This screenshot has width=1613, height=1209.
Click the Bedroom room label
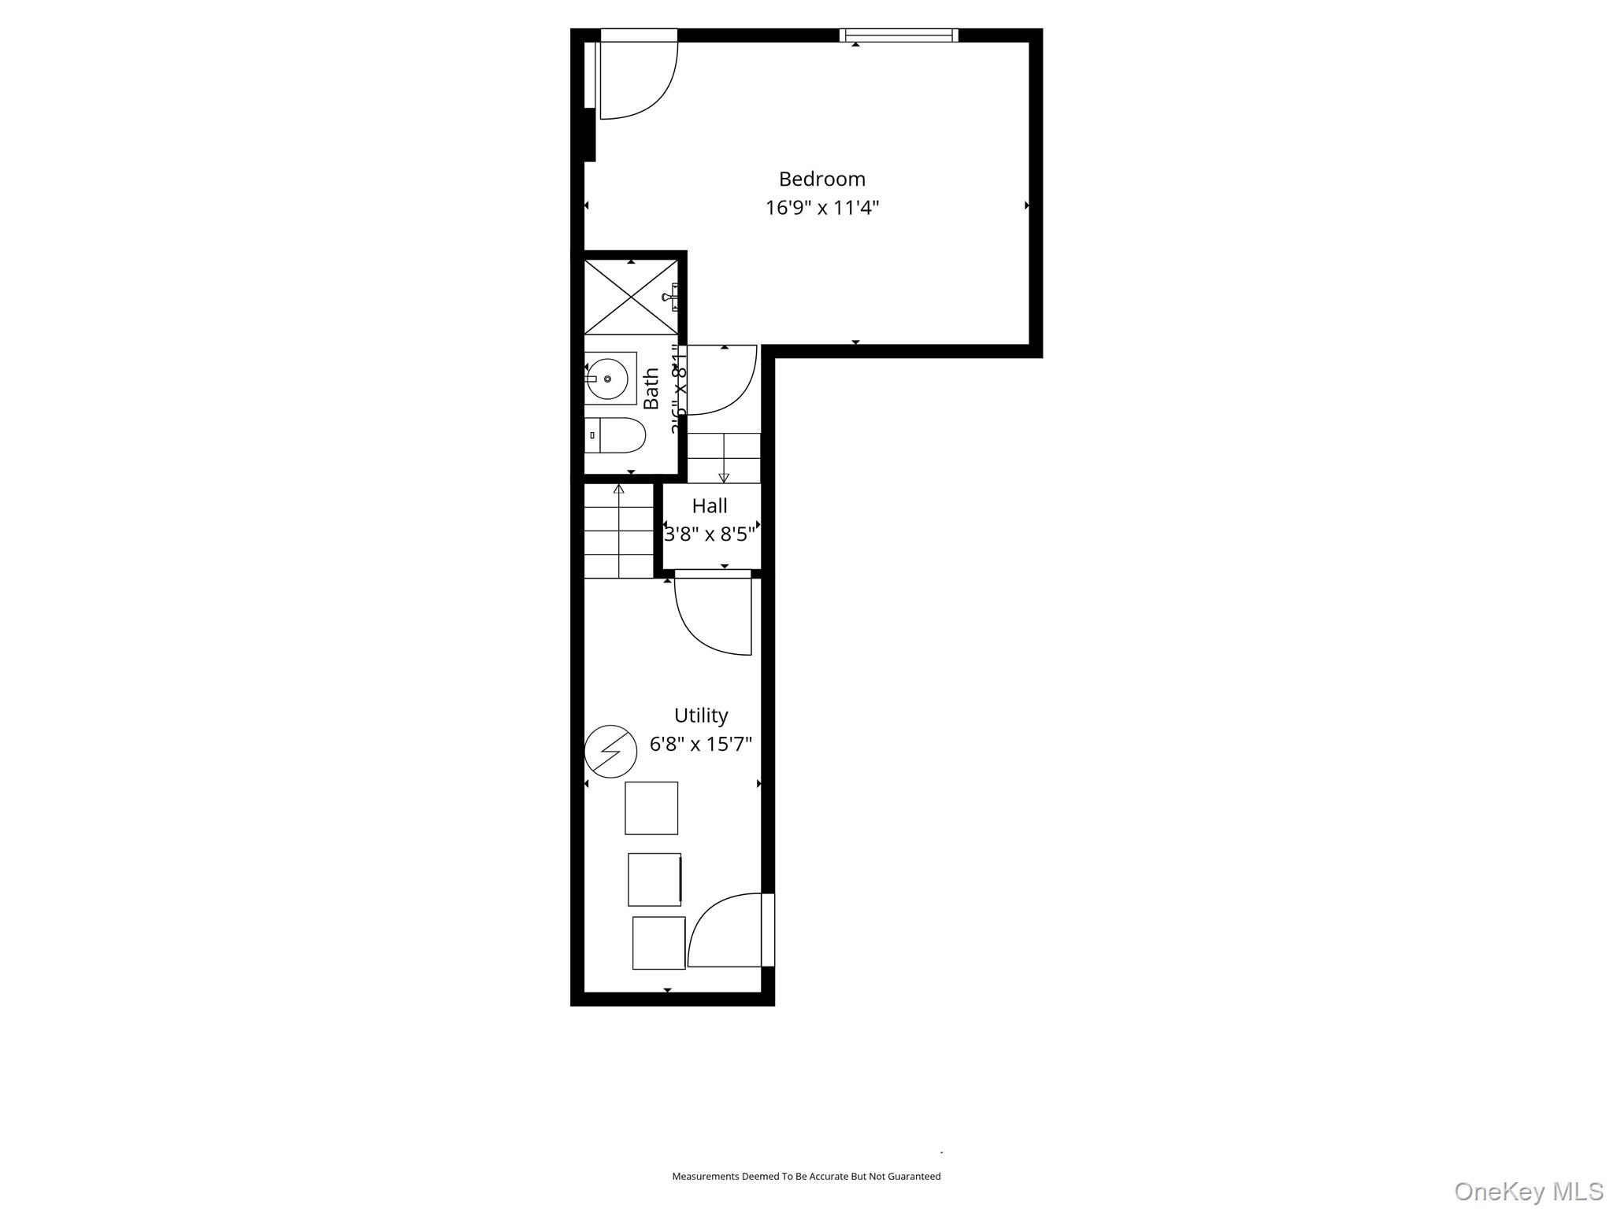pyautogui.click(x=821, y=179)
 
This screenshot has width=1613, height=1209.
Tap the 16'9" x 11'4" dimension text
pyautogui.click(x=821, y=209)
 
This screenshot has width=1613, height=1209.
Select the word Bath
pyautogui.click(x=651, y=389)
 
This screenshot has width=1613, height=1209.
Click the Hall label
pyautogui.click(x=709, y=506)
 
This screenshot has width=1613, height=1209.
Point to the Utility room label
pyautogui.click(x=700, y=715)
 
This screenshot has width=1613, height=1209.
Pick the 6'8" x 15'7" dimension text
pyautogui.click(x=700, y=744)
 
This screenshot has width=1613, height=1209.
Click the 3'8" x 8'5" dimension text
pyautogui.click(x=710, y=535)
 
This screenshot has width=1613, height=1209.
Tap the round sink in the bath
pyautogui.click(x=608, y=379)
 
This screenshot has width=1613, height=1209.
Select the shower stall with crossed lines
pyautogui.click(x=631, y=297)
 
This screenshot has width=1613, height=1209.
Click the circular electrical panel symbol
pyautogui.click(x=610, y=751)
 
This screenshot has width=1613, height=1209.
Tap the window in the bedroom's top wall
pyautogui.click(x=898, y=35)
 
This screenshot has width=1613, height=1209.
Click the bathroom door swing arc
pyautogui.click(x=721, y=381)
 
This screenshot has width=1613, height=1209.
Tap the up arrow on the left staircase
pyautogui.click(x=618, y=490)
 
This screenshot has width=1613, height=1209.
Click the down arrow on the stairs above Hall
pyautogui.click(x=724, y=477)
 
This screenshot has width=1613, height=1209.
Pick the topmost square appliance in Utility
pyautogui.click(x=651, y=808)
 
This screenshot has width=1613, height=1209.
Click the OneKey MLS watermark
pyautogui.click(x=1528, y=1192)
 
